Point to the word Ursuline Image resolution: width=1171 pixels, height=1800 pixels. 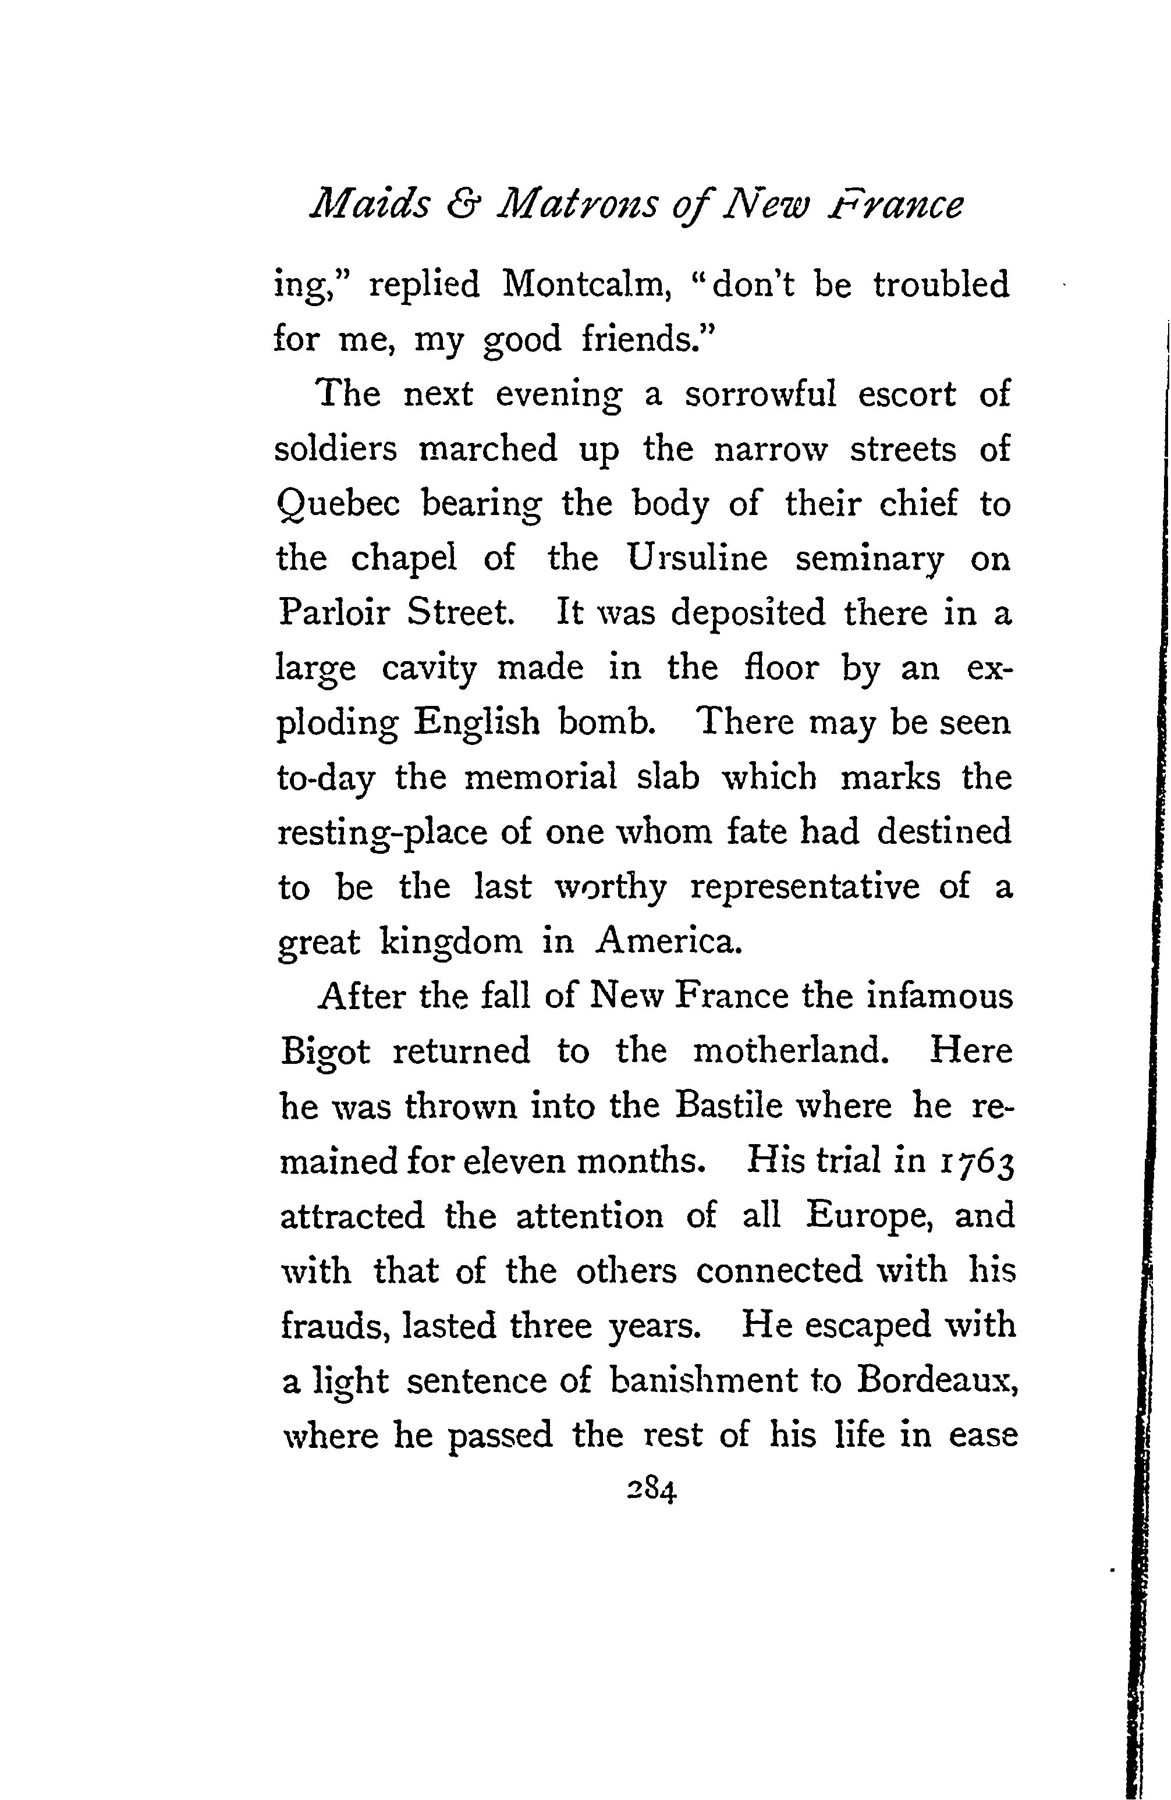coord(697,559)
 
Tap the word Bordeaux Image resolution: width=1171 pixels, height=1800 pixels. coord(934,1381)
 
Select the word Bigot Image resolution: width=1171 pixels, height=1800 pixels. coord(325,1053)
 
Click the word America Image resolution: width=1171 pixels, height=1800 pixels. coord(666,942)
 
